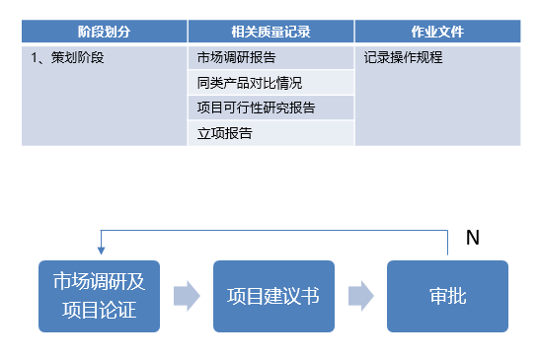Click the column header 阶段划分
(104, 32)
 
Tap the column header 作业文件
(436, 32)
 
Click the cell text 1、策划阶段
(68, 57)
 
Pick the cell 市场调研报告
(236, 57)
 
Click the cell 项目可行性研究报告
(257, 108)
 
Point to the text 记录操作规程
(404, 57)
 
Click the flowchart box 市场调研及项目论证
(99, 296)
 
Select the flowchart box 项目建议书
(273, 296)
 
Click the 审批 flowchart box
(447, 296)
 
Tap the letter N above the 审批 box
(472, 238)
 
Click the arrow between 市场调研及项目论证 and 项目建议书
(187, 296)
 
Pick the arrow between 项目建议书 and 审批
(360, 296)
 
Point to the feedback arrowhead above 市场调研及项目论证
(99, 253)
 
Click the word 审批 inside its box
(447, 296)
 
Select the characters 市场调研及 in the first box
(99, 282)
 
